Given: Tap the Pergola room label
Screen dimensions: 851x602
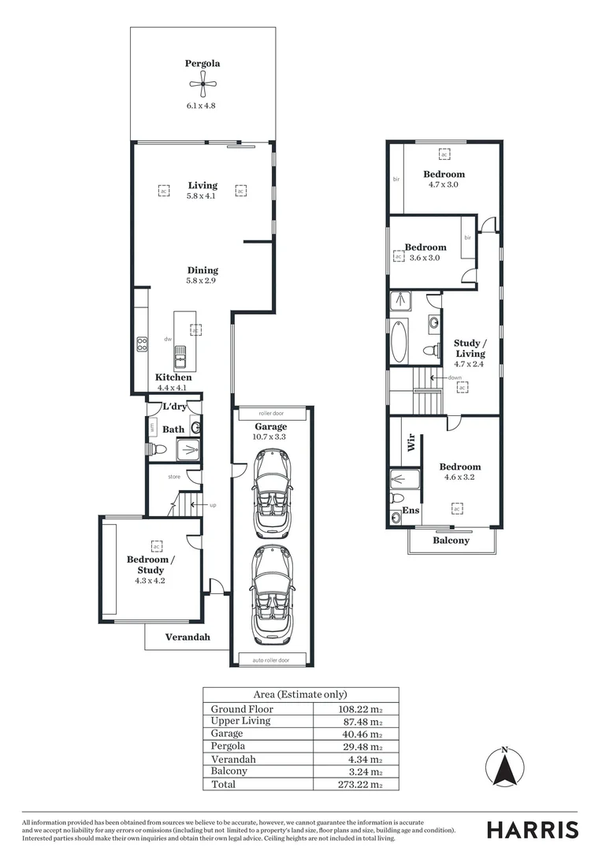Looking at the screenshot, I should click(203, 64).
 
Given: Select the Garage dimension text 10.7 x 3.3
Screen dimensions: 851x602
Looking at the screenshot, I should click(270, 436).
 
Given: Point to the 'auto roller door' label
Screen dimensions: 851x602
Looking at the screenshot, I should click(270, 660).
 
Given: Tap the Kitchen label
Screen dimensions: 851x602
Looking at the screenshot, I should click(173, 377).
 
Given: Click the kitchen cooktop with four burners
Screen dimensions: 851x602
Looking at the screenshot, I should click(143, 344).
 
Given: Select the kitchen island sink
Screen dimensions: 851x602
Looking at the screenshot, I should click(180, 355).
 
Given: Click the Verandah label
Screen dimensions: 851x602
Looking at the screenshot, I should click(187, 637).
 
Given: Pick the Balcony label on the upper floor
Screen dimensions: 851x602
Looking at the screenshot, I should click(451, 541).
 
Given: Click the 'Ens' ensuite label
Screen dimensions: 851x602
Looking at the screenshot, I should click(411, 511).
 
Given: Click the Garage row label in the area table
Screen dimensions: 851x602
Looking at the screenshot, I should click(228, 733).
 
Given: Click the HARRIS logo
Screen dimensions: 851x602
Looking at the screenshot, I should click(532, 829).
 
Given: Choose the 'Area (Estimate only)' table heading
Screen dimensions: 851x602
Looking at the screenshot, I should click(300, 694).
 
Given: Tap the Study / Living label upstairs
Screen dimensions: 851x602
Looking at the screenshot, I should click(470, 348).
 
